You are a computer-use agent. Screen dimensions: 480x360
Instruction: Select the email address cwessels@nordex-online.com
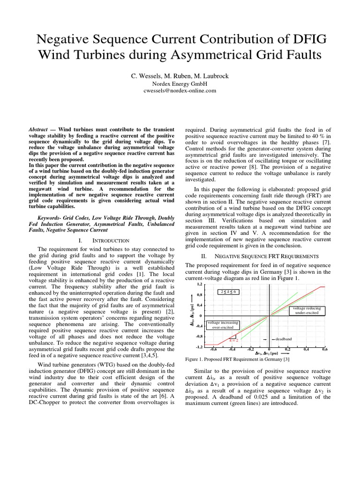180,91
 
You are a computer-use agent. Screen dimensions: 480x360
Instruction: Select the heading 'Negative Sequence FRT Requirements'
266,256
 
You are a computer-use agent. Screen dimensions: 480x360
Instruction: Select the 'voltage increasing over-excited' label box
223,325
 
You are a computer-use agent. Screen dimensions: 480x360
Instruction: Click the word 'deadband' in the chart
283,338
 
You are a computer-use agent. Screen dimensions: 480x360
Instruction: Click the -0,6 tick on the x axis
213,349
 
